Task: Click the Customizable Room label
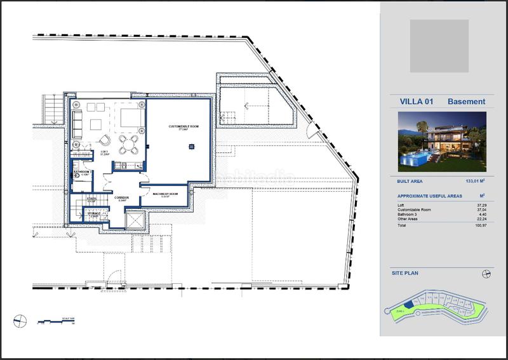point(184,127)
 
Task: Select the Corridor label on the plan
point(122,198)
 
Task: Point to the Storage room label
point(93,214)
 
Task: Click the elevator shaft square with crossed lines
point(136,222)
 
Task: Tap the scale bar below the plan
point(55,321)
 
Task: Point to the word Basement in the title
point(466,102)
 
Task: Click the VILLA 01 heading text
point(417,102)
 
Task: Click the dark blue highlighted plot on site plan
point(409,305)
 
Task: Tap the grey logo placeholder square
point(439,46)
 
